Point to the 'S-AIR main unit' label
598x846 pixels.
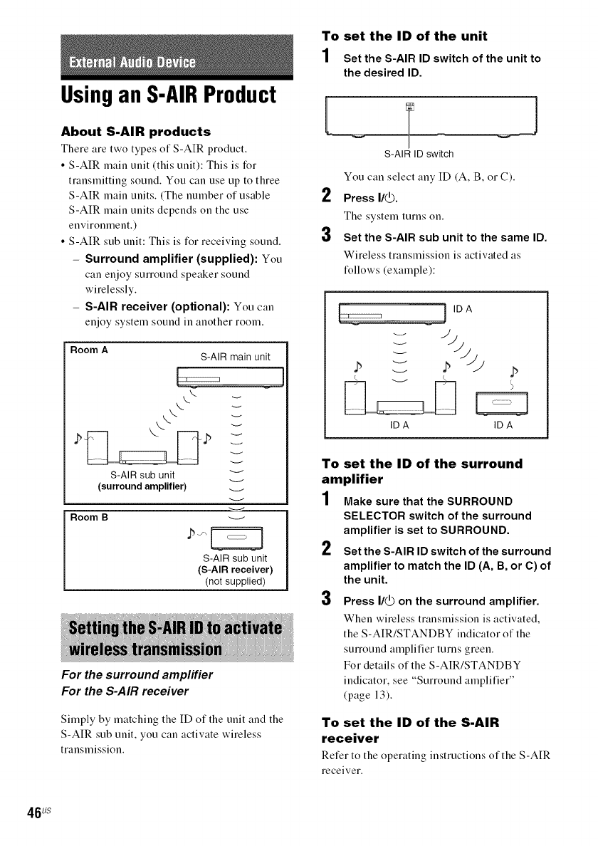click(235, 356)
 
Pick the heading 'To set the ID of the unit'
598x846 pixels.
click(405, 36)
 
